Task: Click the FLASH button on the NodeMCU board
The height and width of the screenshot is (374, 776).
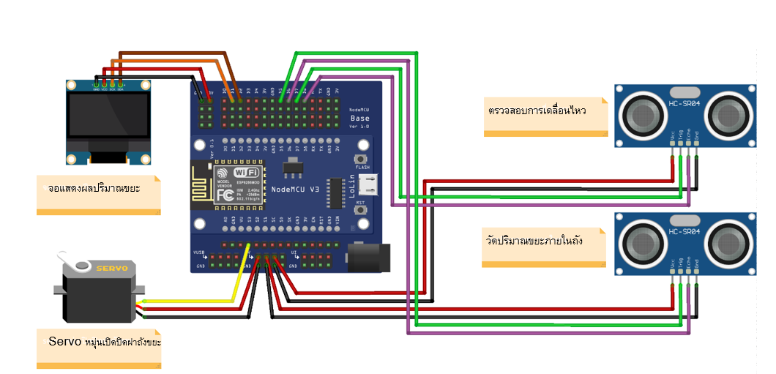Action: pos(360,160)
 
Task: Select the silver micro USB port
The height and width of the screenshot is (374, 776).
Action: pos(374,187)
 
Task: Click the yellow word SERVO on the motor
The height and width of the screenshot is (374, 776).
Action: pos(112,269)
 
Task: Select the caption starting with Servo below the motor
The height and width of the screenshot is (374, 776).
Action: pos(100,342)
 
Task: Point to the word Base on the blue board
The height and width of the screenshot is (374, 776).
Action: pos(360,118)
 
